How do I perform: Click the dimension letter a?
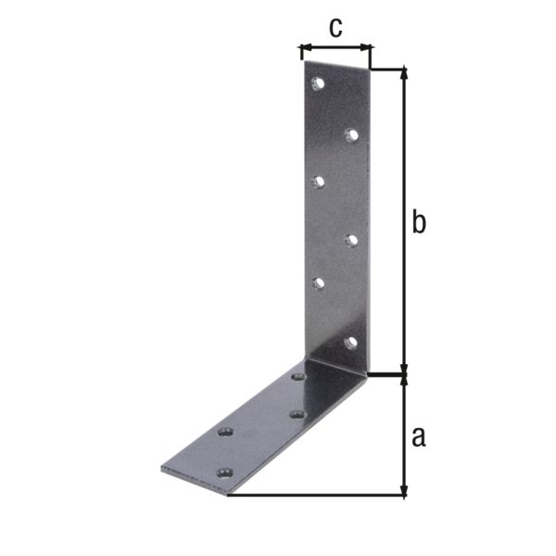pyautogui.click(x=418, y=436)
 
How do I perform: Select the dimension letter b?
pyautogui.click(x=418, y=223)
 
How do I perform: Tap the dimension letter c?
pyautogui.click(x=335, y=28)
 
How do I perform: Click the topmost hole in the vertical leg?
pyautogui.click(x=319, y=83)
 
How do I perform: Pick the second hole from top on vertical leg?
pyautogui.click(x=351, y=135)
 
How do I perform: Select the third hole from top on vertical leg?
pyautogui.click(x=318, y=182)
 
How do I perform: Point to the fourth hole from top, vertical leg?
pyautogui.click(x=351, y=241)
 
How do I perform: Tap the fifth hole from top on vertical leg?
pyautogui.click(x=318, y=284)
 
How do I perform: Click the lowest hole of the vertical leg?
pyautogui.click(x=350, y=343)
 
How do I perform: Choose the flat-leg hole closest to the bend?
pyautogui.click(x=298, y=377)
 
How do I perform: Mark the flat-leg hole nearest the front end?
pyautogui.click(x=222, y=473)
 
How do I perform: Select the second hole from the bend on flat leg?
pyautogui.click(x=296, y=414)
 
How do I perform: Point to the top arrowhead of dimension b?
pyautogui.click(x=403, y=73)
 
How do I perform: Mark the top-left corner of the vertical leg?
pyautogui.click(x=302, y=63)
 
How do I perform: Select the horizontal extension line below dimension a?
pyautogui.click(x=315, y=496)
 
